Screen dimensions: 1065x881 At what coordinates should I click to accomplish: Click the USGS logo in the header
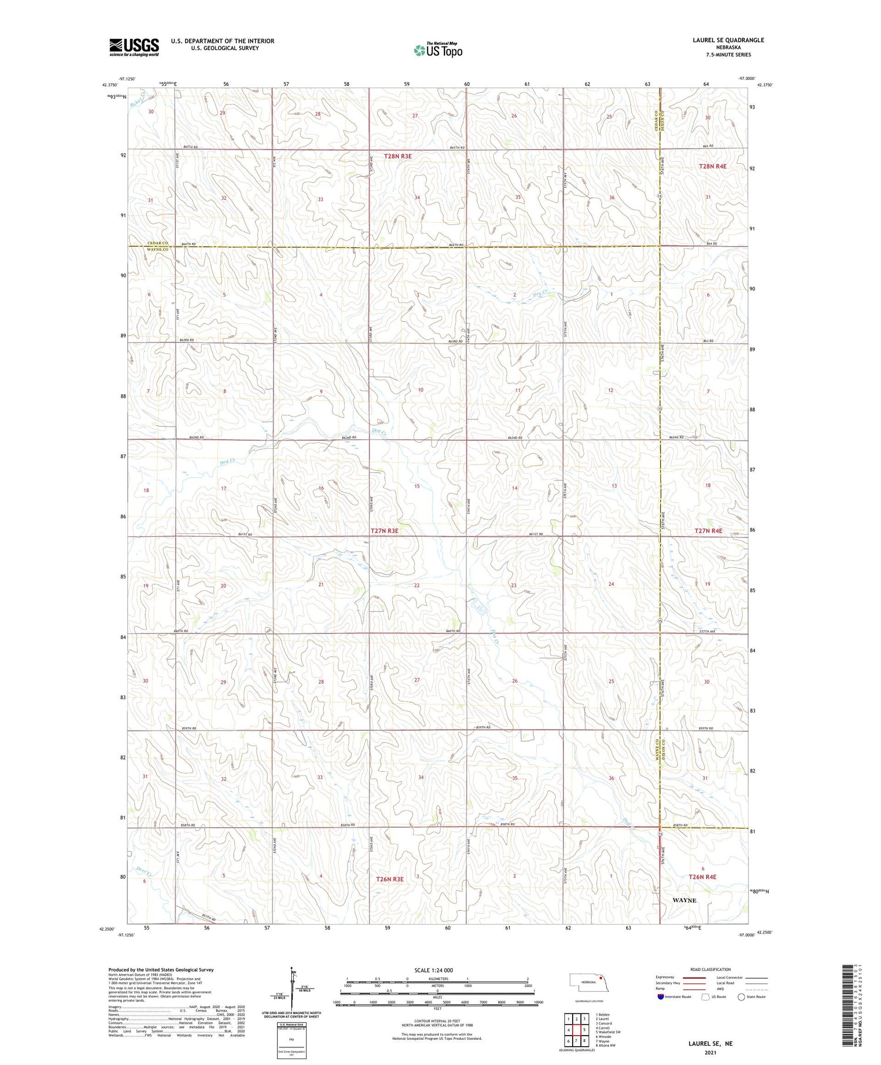tap(134, 47)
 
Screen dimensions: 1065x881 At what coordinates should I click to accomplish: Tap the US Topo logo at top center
tap(438, 50)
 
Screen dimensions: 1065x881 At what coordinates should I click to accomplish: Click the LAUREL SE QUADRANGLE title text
tap(728, 40)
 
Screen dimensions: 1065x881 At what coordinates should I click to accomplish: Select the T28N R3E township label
tap(398, 156)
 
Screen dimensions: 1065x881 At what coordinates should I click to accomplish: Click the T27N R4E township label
tap(708, 531)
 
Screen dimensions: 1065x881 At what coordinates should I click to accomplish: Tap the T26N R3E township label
tap(389, 879)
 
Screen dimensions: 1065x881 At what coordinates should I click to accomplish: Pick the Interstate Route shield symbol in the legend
tap(661, 996)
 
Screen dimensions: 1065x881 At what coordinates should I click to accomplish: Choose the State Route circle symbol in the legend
tap(741, 996)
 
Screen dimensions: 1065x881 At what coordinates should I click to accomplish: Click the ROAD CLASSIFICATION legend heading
tap(710, 969)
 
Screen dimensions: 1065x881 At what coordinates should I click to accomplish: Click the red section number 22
tap(417, 586)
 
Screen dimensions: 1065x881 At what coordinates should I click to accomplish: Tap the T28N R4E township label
tap(712, 166)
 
